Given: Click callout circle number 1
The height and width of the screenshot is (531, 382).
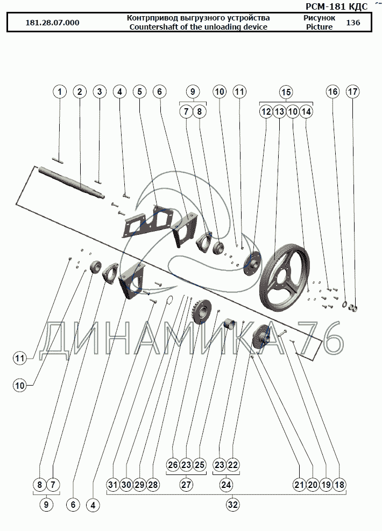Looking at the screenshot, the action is [60, 92].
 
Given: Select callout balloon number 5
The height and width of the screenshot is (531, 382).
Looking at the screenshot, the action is [140, 92].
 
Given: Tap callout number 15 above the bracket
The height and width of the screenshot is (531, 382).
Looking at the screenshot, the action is [286, 92].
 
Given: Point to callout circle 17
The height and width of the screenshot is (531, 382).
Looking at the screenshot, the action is [352, 92].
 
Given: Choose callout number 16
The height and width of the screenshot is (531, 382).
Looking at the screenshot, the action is [333, 92].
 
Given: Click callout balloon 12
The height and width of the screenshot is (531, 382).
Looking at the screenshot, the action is [266, 112].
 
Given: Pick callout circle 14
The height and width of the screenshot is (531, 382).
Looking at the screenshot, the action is [306, 112].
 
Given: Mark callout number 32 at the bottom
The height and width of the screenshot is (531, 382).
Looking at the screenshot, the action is [232, 505].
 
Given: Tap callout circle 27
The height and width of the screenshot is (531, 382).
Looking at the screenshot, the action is [186, 485].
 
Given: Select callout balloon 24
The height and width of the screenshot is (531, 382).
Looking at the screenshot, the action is [226, 485].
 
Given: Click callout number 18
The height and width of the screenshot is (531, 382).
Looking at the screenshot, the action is [339, 485].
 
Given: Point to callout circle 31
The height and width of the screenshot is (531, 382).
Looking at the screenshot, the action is [112, 485].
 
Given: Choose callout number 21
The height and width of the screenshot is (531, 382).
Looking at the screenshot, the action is [299, 485].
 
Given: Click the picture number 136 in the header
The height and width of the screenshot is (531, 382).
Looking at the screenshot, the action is [353, 23].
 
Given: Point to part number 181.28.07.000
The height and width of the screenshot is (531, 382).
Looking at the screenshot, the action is [52, 23].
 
